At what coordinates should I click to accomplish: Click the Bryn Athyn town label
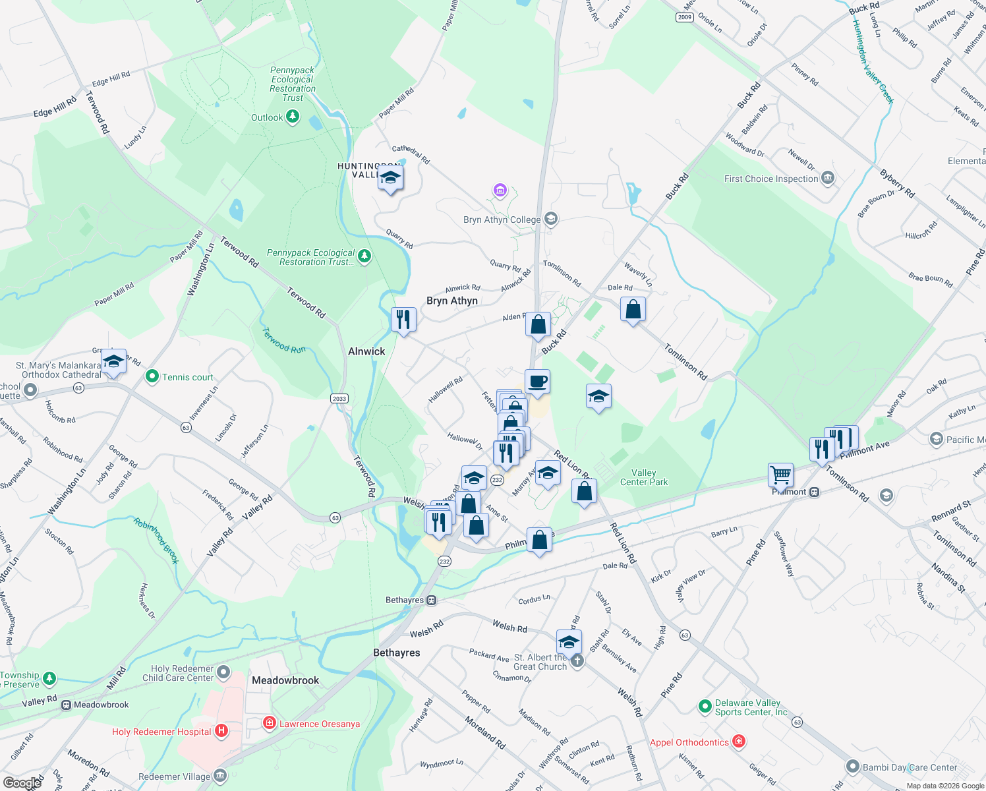click(451, 301)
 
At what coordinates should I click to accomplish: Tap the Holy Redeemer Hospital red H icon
click(221, 730)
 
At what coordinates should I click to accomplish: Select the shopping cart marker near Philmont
click(780, 474)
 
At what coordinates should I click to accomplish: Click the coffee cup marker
click(537, 381)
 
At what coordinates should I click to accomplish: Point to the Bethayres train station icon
click(432, 600)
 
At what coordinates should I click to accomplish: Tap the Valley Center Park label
click(643, 477)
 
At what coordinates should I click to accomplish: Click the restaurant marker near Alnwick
click(403, 320)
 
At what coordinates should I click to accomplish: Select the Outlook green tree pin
click(293, 117)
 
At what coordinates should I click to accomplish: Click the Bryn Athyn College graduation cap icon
click(551, 219)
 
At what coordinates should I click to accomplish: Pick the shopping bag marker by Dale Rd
click(633, 309)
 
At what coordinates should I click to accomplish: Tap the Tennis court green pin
click(152, 376)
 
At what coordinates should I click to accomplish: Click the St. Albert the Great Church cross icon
click(577, 661)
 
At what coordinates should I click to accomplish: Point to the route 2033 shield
click(339, 398)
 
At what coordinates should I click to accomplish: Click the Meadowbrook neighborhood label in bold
click(285, 680)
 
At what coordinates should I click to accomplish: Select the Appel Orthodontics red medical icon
click(739, 742)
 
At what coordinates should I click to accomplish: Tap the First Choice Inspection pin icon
click(828, 178)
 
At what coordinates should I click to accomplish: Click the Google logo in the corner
click(22, 782)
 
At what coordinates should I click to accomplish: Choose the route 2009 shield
click(685, 17)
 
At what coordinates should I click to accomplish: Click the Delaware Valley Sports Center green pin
click(705, 707)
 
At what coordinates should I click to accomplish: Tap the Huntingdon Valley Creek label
click(872, 61)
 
